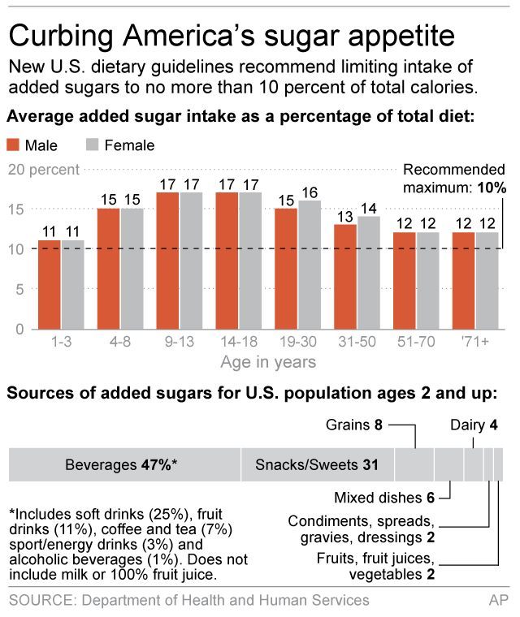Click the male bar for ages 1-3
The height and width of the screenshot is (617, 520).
coord(49,284)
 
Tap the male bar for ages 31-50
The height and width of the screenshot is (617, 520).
coord(345,276)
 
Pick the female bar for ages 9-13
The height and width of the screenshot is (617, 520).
coord(191,260)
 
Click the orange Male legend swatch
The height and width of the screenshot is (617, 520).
coord(14,145)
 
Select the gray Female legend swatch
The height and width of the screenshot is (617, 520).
coord(92,145)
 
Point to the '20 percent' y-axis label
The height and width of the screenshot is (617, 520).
coord(43,170)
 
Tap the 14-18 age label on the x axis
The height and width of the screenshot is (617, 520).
coord(239,342)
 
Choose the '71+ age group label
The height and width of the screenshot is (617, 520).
coord(475,342)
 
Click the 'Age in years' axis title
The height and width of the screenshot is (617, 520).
coord(267,361)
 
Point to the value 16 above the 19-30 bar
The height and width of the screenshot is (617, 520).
coord(310,192)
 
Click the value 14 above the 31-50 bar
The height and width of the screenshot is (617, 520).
coord(369,208)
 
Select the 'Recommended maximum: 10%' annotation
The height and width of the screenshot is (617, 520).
coord(454,178)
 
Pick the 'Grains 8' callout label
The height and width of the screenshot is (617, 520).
coord(353,425)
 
